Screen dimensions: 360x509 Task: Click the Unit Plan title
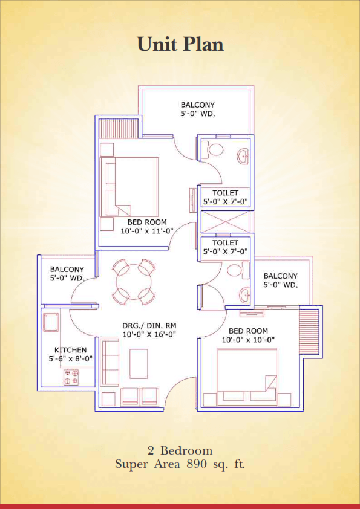tap(180, 44)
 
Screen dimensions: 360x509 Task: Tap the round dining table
tap(133, 281)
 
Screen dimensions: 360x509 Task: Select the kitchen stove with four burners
tap(71, 377)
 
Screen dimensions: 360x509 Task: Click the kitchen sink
tap(51, 322)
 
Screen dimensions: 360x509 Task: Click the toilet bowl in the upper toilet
tap(215, 150)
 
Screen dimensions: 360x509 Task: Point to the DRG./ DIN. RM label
tap(149, 326)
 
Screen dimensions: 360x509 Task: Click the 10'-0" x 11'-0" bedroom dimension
tap(147, 231)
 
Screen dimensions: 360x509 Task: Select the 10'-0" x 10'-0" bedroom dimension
tap(249, 340)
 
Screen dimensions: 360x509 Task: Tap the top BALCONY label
tap(197, 105)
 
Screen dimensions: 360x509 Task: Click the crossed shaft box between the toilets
tap(226, 222)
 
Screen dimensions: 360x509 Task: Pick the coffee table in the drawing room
tap(139, 363)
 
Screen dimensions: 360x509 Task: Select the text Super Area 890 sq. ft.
tap(180, 464)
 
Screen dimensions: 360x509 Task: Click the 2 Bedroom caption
tap(180, 450)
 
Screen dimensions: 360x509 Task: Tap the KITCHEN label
tap(71, 350)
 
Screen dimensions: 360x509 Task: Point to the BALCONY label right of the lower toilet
tap(280, 276)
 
